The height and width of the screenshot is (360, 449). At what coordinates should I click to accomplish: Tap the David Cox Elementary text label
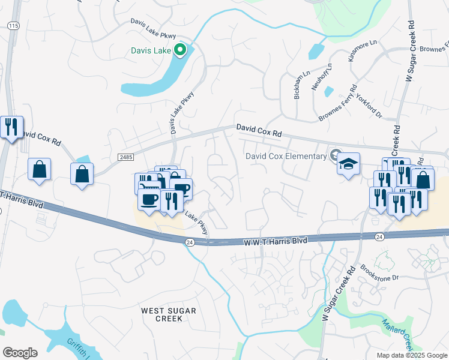pyautogui.click(x=285, y=157)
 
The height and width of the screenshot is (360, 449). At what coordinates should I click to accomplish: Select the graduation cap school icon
pyautogui.click(x=348, y=164)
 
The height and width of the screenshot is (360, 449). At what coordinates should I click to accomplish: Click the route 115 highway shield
pyautogui.click(x=13, y=25)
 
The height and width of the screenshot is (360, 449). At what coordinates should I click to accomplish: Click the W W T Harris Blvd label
pyautogui.click(x=275, y=241)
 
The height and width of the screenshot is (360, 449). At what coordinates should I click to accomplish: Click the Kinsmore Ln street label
pyautogui.click(x=363, y=50)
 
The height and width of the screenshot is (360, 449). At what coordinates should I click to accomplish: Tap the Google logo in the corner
pyautogui.click(x=20, y=352)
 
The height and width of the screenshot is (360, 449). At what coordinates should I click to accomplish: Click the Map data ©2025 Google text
pyautogui.click(x=411, y=355)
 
